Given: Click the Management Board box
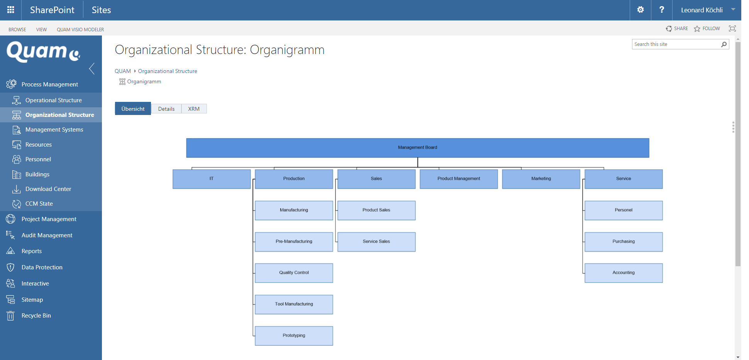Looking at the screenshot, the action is pyautogui.click(x=417, y=148).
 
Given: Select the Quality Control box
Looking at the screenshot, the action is pyautogui.click(x=294, y=273).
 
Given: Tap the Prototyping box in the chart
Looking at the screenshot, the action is pyautogui.click(x=294, y=336).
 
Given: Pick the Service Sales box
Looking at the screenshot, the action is pyautogui.click(x=376, y=242).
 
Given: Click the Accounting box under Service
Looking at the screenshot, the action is pyautogui.click(x=624, y=273).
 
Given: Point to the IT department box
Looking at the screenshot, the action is pyautogui.click(x=212, y=179).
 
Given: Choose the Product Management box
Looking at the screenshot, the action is pyautogui.click(x=459, y=179).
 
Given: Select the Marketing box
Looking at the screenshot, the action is pyautogui.click(x=541, y=179).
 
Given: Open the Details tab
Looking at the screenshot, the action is pyautogui.click(x=166, y=109).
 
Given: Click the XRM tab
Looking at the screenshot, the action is pyautogui.click(x=194, y=109).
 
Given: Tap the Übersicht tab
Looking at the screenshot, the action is pyautogui.click(x=133, y=109).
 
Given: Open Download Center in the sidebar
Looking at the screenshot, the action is pyautogui.click(x=48, y=189).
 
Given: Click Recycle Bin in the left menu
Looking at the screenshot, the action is pyautogui.click(x=36, y=316).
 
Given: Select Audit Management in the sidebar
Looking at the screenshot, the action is pyautogui.click(x=47, y=235).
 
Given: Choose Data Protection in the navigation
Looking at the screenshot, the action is pyautogui.click(x=42, y=267).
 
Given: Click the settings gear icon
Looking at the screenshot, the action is pyautogui.click(x=641, y=10).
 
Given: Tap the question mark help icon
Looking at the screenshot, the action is pyautogui.click(x=662, y=10).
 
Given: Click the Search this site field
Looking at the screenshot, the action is pyautogui.click(x=676, y=44).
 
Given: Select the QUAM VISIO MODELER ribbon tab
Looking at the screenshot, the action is pyautogui.click(x=80, y=30).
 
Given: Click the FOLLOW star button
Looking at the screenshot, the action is pyautogui.click(x=707, y=29).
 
